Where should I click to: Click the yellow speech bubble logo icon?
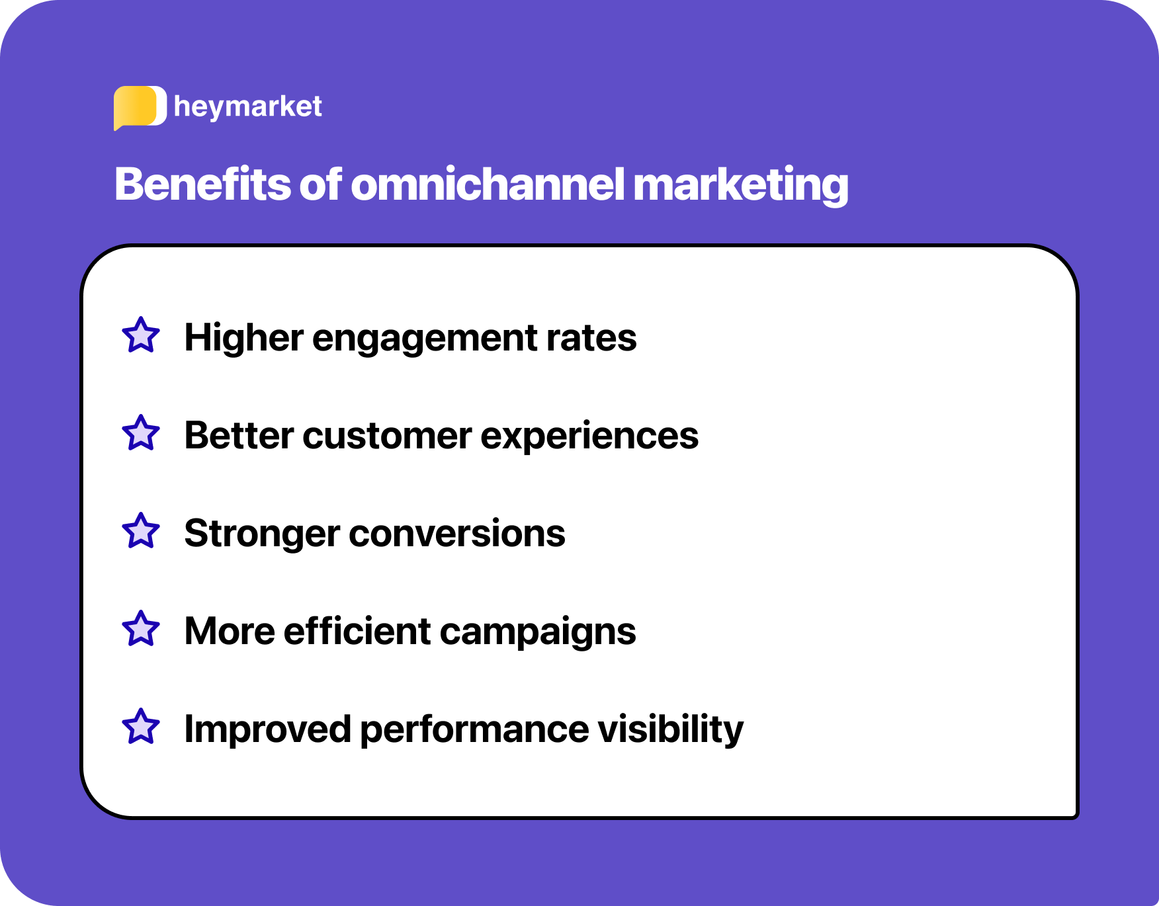[x=138, y=107]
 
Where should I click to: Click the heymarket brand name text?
[x=247, y=106]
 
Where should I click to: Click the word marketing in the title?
[x=740, y=185]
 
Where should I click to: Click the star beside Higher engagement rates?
[x=141, y=336]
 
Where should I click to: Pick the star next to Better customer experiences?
[x=141, y=434]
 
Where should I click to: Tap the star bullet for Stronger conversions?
[x=141, y=532]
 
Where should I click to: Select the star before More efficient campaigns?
[x=141, y=630]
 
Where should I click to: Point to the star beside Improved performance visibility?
[x=141, y=727]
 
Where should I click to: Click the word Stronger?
[x=261, y=534]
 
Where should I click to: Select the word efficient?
[x=357, y=631]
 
